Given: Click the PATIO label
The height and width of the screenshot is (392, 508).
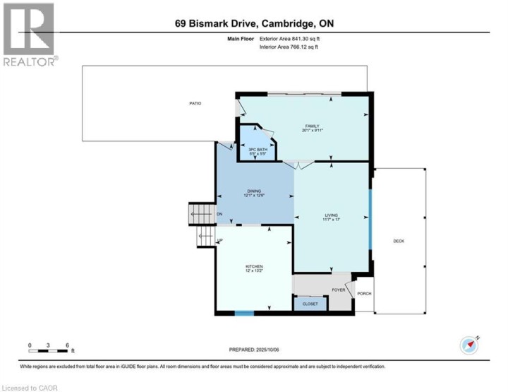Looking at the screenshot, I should click(195, 104).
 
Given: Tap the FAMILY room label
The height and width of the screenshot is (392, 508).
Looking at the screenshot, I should click(313, 126).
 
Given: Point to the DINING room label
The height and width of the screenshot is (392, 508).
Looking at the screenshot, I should click(254, 191).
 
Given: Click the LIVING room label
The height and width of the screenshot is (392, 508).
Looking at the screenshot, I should click(332, 215).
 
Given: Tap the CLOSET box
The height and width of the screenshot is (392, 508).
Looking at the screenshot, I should click(310, 304).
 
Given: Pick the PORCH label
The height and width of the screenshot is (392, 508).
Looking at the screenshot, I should click(364, 294).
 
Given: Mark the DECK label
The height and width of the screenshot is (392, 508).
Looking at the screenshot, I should click(399, 242).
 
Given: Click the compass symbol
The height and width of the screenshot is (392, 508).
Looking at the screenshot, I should click(469, 345).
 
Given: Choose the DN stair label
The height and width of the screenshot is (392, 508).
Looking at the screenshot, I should click(219, 214).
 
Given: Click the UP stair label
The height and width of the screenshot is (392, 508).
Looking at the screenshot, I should click(220, 241).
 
